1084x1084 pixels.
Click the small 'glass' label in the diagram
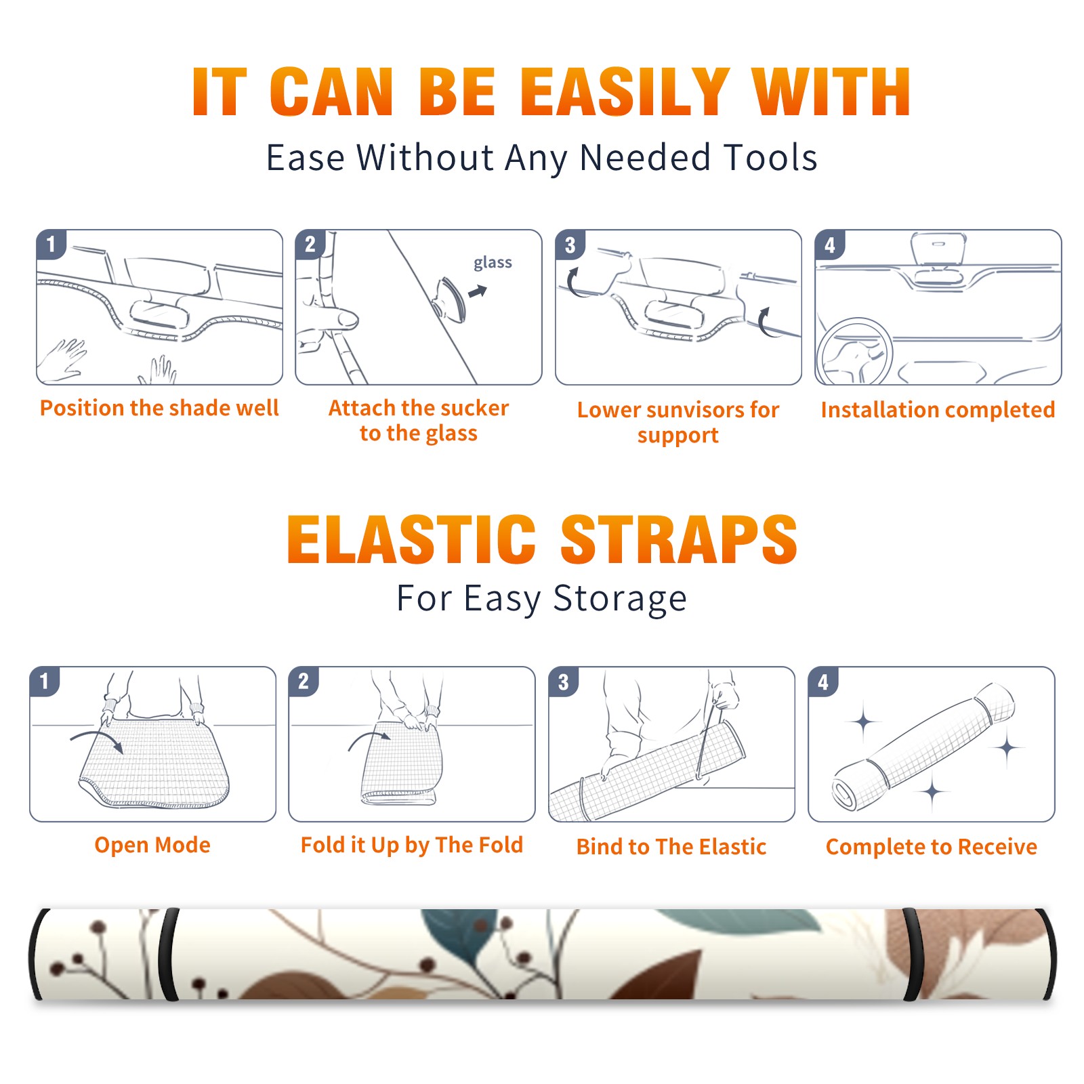(493, 263)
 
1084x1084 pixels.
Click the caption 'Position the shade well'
(159, 408)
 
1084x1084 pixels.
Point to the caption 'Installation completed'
(938, 410)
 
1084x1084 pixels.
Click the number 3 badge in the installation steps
(570, 245)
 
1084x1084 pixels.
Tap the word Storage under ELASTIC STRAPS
(620, 599)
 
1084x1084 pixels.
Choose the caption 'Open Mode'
(152, 845)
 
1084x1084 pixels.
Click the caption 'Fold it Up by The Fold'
(412, 845)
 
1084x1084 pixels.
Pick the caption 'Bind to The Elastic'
(671, 847)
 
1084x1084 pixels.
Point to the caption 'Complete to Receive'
(932, 847)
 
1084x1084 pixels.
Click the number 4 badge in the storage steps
(823, 682)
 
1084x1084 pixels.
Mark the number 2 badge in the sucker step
(310, 245)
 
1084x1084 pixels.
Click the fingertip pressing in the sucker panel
(348, 318)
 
